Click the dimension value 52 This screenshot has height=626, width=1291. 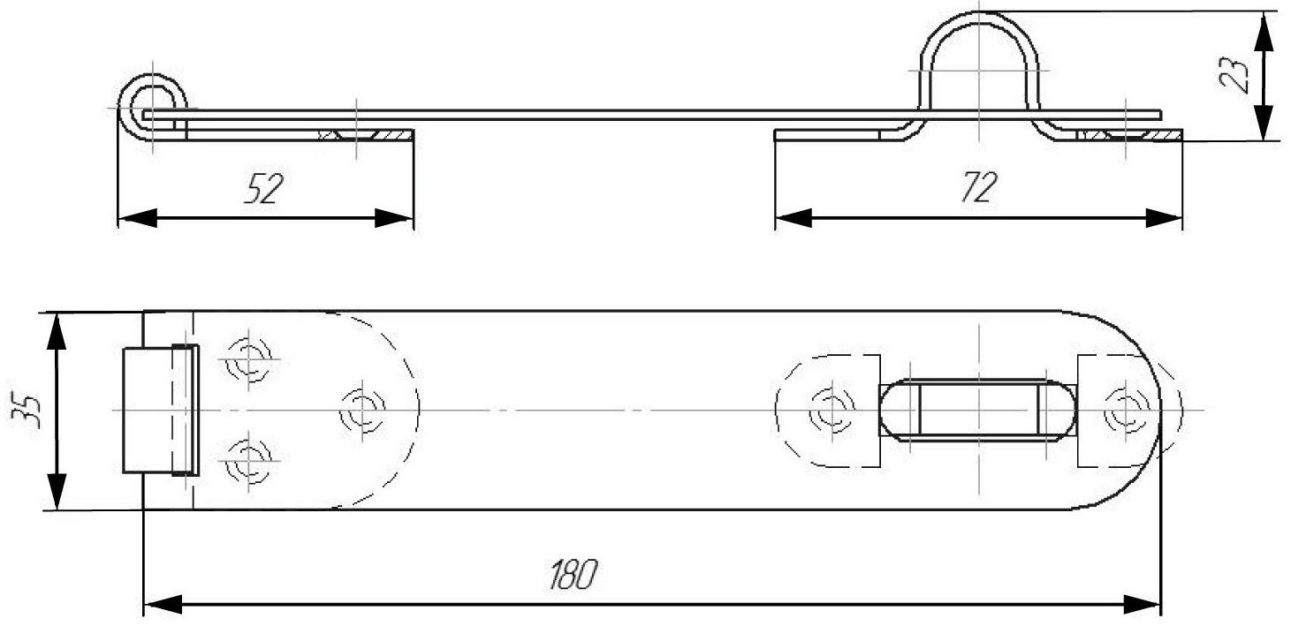(262, 188)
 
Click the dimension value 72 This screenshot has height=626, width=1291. (977, 188)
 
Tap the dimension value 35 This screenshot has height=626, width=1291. (30, 409)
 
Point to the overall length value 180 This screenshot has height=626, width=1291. (572, 576)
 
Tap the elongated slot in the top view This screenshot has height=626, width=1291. (979, 410)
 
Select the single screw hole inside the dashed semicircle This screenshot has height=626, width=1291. (362, 410)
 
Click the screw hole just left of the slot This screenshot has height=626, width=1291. (830, 410)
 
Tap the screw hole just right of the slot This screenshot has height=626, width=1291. (1124, 410)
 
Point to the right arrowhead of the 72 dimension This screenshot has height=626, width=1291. (1165, 217)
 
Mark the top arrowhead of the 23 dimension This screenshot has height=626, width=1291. (1264, 28)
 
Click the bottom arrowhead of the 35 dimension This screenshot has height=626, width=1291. (57, 493)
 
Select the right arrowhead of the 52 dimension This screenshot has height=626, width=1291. (394, 217)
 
